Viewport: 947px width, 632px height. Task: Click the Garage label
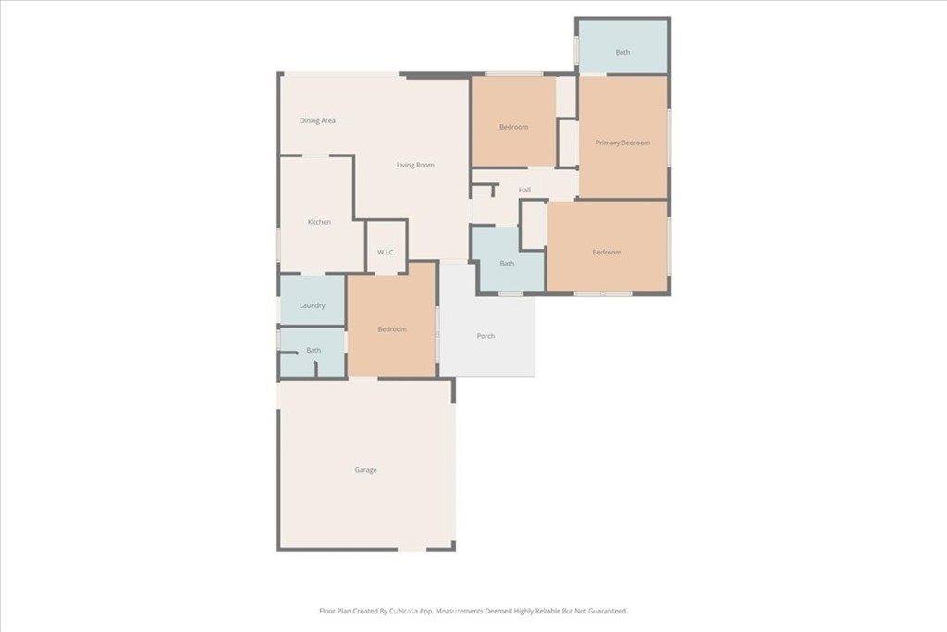pyautogui.click(x=365, y=470)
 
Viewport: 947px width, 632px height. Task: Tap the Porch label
pyautogui.click(x=486, y=336)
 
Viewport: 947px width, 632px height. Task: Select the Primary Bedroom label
pyautogui.click(x=622, y=143)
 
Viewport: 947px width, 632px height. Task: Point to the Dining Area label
pyautogui.click(x=317, y=120)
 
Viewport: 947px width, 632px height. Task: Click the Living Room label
pyautogui.click(x=415, y=166)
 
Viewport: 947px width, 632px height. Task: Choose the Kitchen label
pyautogui.click(x=319, y=222)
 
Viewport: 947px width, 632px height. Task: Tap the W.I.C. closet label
pyautogui.click(x=387, y=253)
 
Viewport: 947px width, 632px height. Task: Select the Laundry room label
pyautogui.click(x=313, y=305)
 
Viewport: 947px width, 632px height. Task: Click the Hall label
pyautogui.click(x=524, y=191)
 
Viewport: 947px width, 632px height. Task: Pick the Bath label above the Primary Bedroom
pyautogui.click(x=622, y=52)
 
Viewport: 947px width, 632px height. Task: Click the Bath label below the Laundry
pyautogui.click(x=314, y=350)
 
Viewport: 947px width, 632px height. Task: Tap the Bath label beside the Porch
pyautogui.click(x=507, y=264)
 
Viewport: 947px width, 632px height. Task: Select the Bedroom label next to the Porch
pyautogui.click(x=392, y=329)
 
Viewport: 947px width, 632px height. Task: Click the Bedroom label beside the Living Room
pyautogui.click(x=513, y=127)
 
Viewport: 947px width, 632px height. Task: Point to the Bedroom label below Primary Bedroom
pyautogui.click(x=607, y=253)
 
